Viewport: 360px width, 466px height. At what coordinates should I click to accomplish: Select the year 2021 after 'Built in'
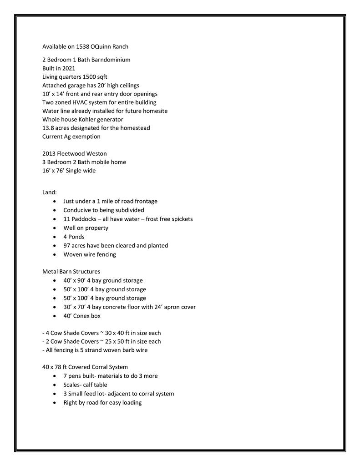click(69, 68)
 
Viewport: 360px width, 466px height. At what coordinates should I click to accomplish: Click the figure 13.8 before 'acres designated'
click(49, 128)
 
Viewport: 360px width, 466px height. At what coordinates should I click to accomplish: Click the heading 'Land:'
click(50, 192)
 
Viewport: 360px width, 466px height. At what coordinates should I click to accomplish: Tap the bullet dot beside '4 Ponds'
click(55, 237)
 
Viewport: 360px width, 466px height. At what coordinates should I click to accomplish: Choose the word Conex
click(83, 315)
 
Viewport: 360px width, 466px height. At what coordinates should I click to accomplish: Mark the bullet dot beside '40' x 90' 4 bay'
click(55, 280)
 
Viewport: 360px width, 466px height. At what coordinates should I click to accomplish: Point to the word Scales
click(72, 385)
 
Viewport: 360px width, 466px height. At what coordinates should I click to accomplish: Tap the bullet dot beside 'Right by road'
click(55, 402)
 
